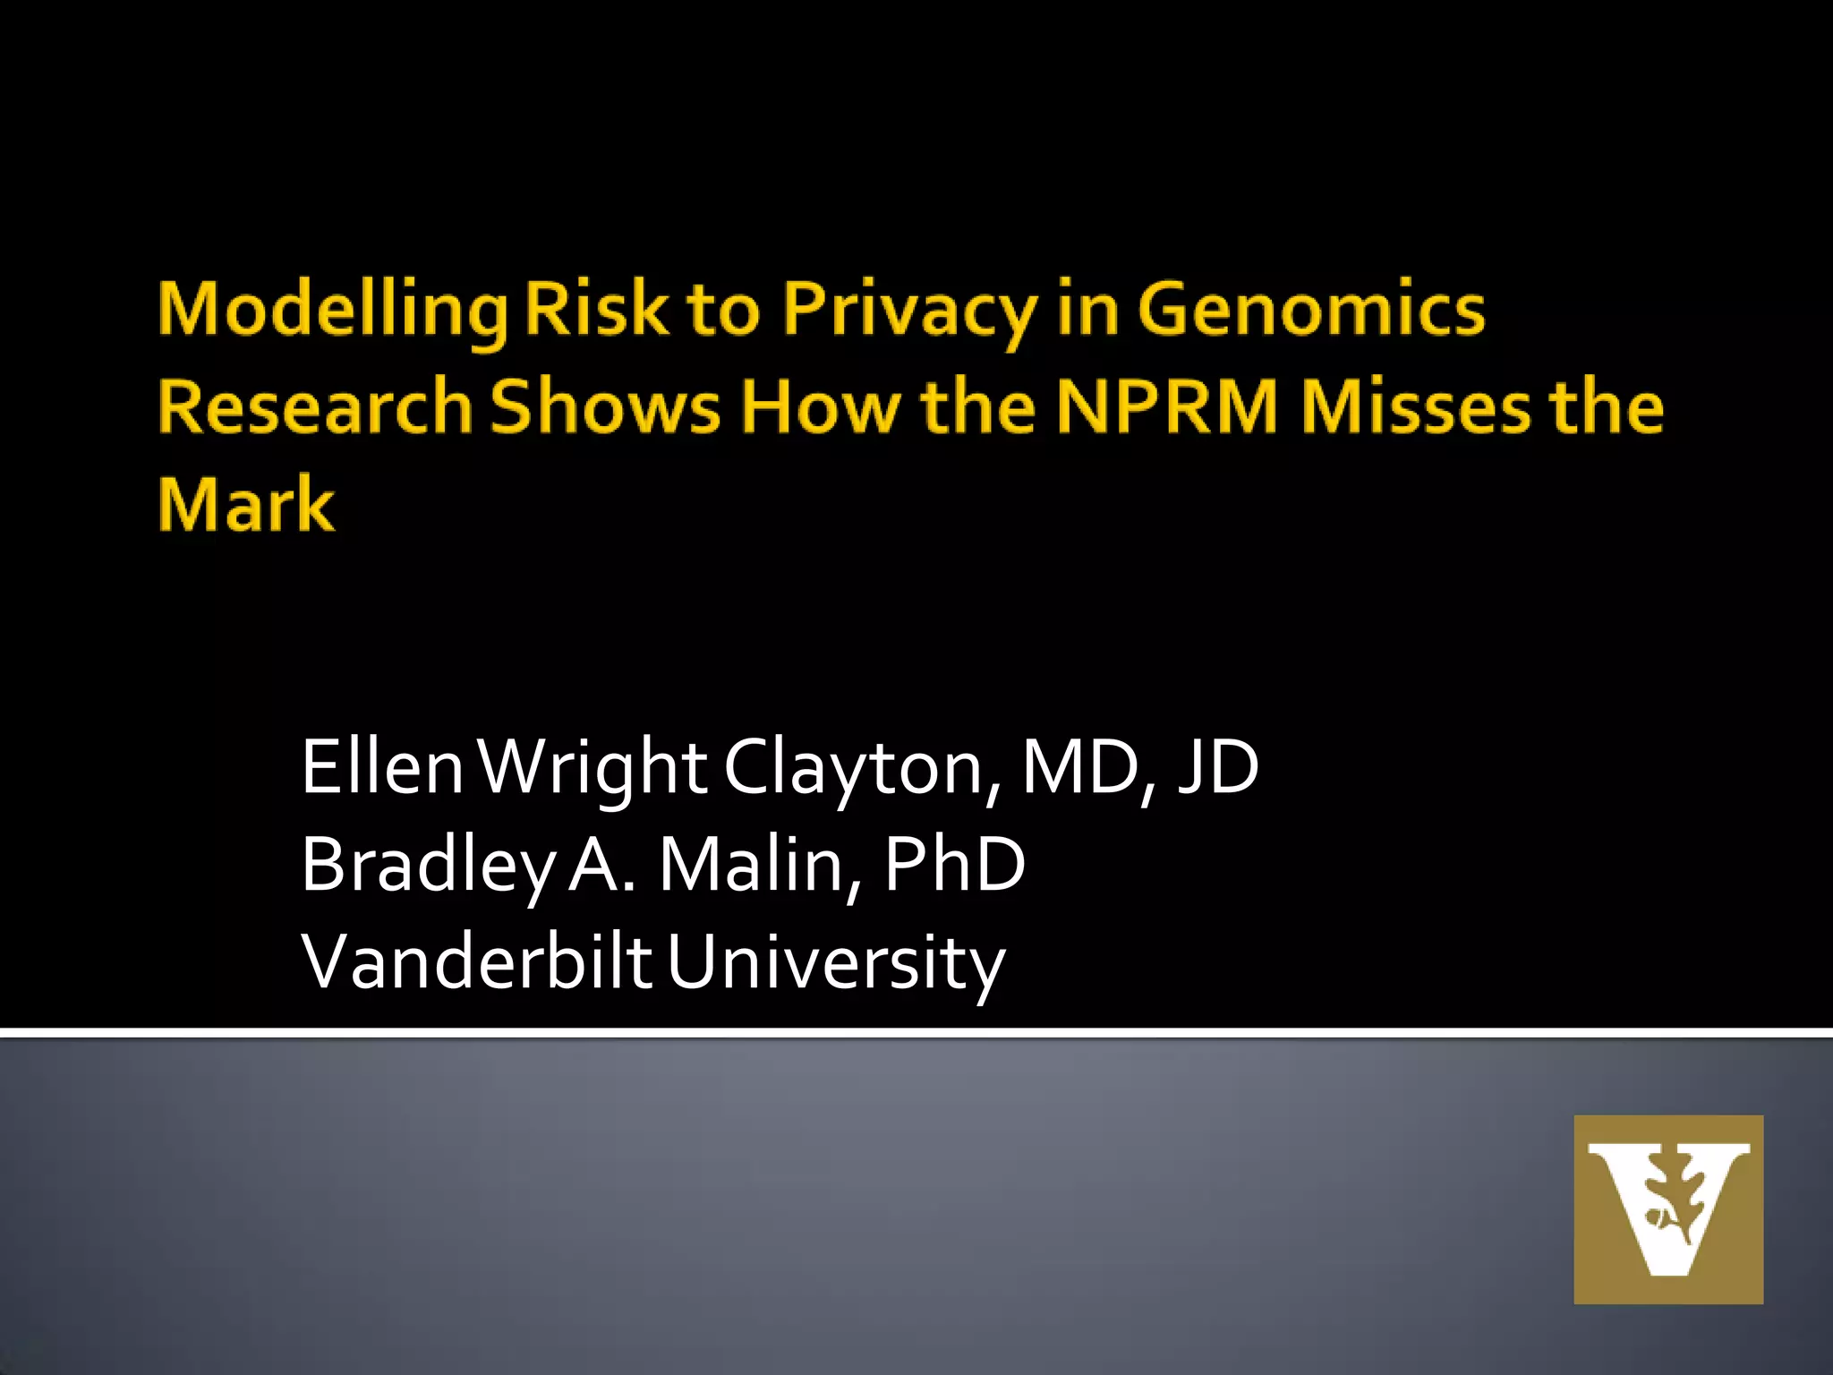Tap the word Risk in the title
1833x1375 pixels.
tap(596, 309)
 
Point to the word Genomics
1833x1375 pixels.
tap(1311, 309)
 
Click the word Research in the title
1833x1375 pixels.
tap(315, 406)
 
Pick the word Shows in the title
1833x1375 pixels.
tap(605, 406)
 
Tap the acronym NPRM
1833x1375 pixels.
tap(1167, 406)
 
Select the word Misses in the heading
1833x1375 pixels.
tap(1415, 406)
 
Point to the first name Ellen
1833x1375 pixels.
tap(382, 767)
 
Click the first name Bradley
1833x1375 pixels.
tap(428, 866)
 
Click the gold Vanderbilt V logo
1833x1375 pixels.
tap(1668, 1209)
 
